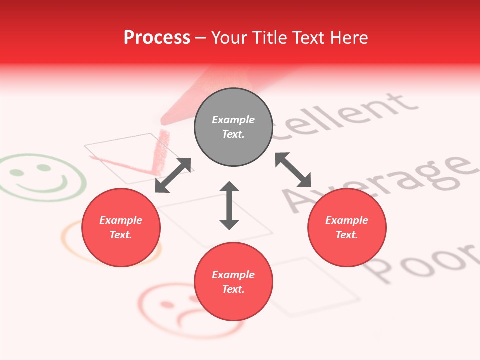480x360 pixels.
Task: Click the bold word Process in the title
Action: pyautogui.click(x=157, y=38)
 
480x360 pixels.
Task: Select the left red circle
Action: pyautogui.click(x=121, y=227)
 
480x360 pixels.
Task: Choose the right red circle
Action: pyautogui.click(x=347, y=227)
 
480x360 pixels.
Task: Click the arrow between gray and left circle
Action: pyautogui.click(x=173, y=175)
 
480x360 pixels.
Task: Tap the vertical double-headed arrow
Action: pyautogui.click(x=229, y=205)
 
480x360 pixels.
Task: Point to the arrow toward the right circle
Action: pyautogui.click(x=293, y=170)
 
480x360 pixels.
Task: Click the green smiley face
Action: pyautogui.click(x=42, y=177)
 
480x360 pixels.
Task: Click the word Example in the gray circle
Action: pyautogui.click(x=233, y=120)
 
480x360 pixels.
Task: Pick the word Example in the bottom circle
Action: pyautogui.click(x=233, y=275)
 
